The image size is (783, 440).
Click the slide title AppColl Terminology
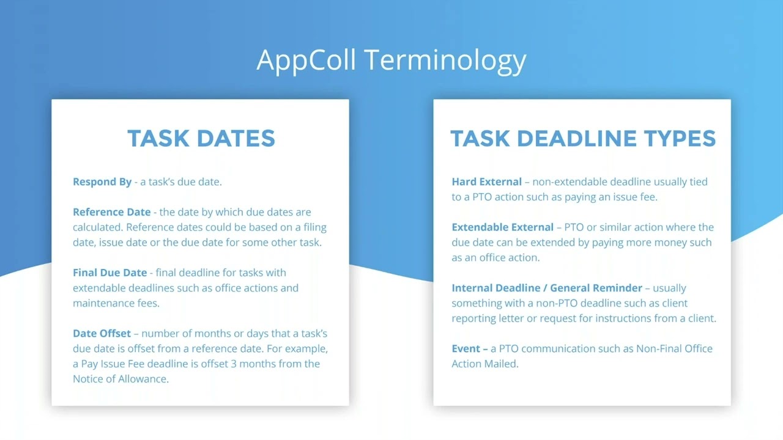391,60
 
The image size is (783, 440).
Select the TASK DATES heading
201,138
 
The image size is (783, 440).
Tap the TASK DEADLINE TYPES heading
582,138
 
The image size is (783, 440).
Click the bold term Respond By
102,182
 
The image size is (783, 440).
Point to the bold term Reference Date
111,212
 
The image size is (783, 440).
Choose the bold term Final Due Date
109,273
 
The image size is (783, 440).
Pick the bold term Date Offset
102,334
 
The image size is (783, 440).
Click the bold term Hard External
486,182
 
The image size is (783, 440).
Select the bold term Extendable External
502,227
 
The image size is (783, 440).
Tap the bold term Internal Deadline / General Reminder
547,288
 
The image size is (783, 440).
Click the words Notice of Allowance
120,379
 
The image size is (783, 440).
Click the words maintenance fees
116,303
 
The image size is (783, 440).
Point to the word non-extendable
568,182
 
